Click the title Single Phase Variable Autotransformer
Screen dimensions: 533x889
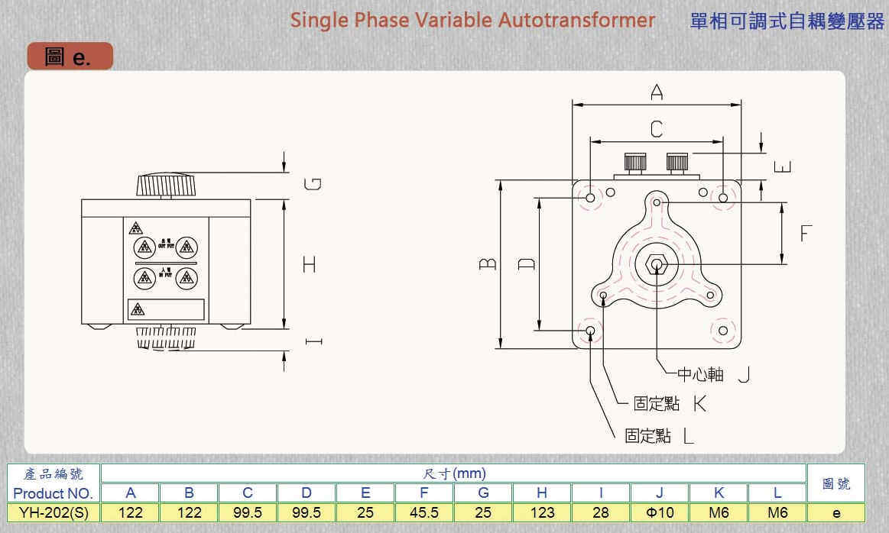click(472, 20)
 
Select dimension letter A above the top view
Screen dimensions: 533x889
click(657, 92)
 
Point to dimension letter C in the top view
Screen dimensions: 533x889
click(657, 129)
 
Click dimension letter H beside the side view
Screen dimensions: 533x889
click(309, 264)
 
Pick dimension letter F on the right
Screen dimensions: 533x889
click(806, 233)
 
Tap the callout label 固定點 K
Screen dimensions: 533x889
click(670, 404)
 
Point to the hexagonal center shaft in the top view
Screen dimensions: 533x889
click(656, 264)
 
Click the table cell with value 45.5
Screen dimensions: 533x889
click(424, 512)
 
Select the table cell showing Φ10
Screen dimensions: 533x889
click(660, 512)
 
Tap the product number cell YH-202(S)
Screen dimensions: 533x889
click(54, 512)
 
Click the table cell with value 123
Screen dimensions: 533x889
click(542, 512)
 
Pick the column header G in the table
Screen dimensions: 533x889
click(483, 493)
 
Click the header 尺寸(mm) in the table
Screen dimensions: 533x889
click(453, 473)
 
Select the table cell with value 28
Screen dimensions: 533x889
click(601, 512)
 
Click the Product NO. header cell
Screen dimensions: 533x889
click(54, 493)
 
